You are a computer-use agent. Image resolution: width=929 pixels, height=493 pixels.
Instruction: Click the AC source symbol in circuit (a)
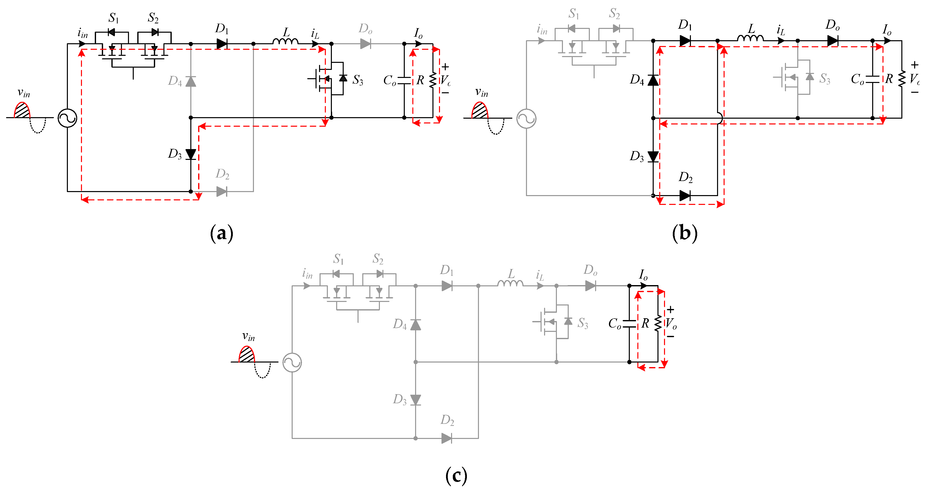click(x=67, y=118)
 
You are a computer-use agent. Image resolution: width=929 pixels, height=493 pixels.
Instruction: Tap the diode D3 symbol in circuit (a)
click(x=191, y=154)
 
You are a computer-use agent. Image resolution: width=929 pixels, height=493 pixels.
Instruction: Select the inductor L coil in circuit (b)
click(x=750, y=38)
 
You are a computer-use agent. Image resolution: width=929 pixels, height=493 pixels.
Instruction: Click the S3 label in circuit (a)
click(x=358, y=80)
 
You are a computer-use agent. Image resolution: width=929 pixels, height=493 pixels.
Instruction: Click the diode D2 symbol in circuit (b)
click(x=685, y=196)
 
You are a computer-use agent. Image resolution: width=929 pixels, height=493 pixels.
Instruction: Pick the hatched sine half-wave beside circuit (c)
click(x=247, y=354)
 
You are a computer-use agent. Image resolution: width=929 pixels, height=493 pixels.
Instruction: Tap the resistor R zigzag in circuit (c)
click(x=658, y=323)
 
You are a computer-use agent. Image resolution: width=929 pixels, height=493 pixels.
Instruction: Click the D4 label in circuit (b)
click(x=637, y=80)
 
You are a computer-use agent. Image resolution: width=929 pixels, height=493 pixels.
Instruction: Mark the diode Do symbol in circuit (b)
click(x=832, y=41)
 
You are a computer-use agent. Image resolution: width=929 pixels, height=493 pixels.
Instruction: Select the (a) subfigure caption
click(x=222, y=233)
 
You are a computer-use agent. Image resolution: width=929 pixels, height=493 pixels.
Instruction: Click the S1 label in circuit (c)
click(x=338, y=259)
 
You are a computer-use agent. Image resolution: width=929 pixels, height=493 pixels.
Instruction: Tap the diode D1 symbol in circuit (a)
click(x=222, y=44)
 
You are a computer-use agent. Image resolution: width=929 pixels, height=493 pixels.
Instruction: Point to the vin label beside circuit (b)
click(x=481, y=92)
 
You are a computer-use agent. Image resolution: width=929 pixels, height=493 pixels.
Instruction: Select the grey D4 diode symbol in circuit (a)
click(x=191, y=81)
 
